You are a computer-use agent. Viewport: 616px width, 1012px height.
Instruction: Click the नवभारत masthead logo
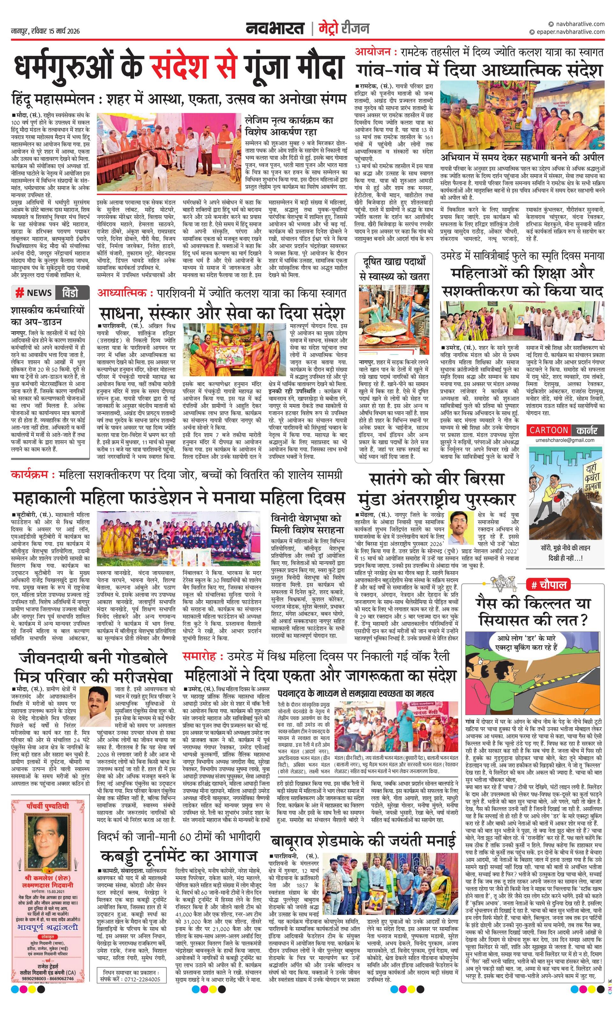(275, 29)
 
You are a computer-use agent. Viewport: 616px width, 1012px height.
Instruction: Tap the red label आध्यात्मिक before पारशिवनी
(122, 293)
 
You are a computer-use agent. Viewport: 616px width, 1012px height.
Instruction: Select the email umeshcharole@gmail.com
(565, 440)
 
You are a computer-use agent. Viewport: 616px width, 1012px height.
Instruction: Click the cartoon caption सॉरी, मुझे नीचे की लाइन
(565, 548)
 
